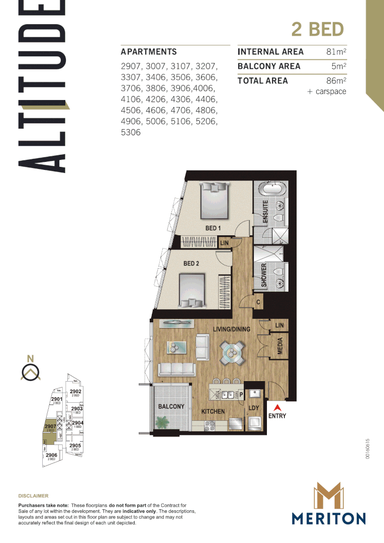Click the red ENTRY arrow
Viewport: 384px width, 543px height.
(x=276, y=407)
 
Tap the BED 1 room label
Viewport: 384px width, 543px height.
(x=213, y=228)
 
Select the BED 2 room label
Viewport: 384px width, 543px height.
(x=191, y=263)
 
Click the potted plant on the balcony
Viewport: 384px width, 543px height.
(x=162, y=422)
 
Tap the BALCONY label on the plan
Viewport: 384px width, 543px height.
(x=171, y=406)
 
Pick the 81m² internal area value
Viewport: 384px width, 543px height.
(x=336, y=52)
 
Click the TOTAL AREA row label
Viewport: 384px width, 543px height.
(x=262, y=81)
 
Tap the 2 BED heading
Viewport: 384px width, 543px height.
(x=317, y=29)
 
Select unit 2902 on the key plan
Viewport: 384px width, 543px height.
(x=75, y=392)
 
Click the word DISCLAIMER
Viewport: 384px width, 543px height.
(x=33, y=496)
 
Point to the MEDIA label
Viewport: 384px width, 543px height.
(x=280, y=345)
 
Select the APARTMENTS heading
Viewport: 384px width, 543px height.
(x=149, y=52)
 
